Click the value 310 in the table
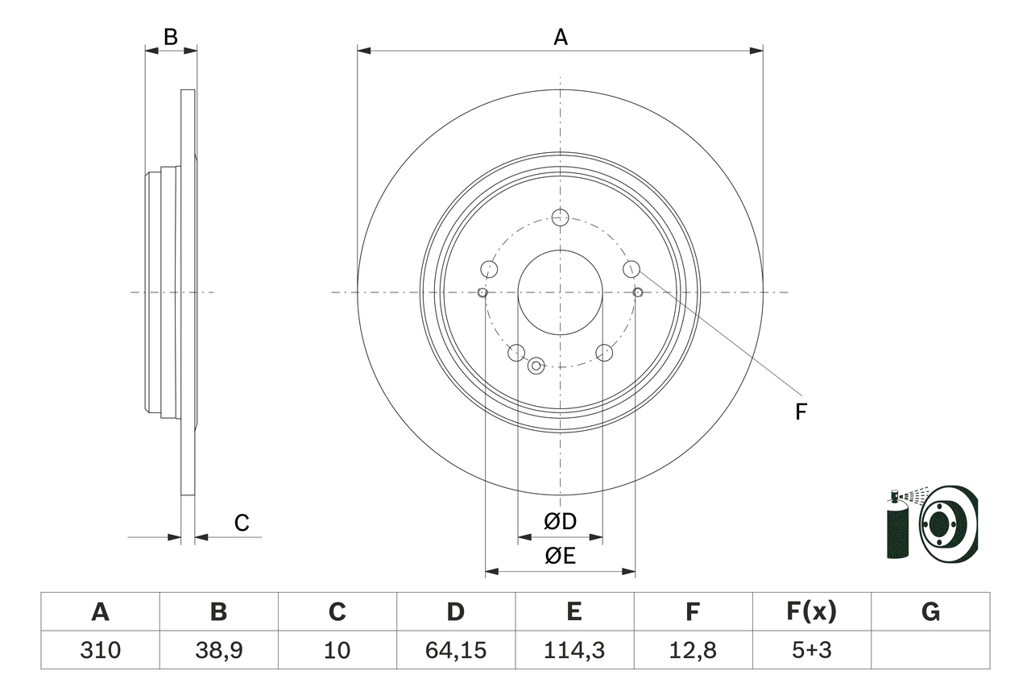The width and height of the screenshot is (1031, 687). [100, 650]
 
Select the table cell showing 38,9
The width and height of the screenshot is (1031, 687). [218, 650]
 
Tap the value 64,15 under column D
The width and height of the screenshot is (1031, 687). [455, 650]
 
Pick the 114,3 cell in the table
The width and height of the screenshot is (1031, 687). [573, 650]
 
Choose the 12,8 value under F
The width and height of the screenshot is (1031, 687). [692, 650]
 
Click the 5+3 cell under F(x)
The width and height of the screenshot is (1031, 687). [811, 650]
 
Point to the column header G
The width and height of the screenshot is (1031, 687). [930, 612]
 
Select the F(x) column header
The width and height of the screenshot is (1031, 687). [811, 612]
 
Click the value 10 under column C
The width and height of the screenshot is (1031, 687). [337, 650]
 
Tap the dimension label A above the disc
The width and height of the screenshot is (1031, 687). [561, 36]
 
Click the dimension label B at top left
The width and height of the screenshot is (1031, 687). [170, 36]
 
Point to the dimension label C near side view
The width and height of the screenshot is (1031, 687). [242, 524]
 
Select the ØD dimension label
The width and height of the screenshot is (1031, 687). [560, 522]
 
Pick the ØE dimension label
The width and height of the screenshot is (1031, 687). [560, 557]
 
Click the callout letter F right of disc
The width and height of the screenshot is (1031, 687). [800, 412]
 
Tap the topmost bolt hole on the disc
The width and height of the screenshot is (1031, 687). [561, 217]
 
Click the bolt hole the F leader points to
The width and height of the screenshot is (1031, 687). [631, 268]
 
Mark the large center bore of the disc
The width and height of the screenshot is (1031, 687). [560, 292]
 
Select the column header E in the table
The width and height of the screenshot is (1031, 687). [573, 612]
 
